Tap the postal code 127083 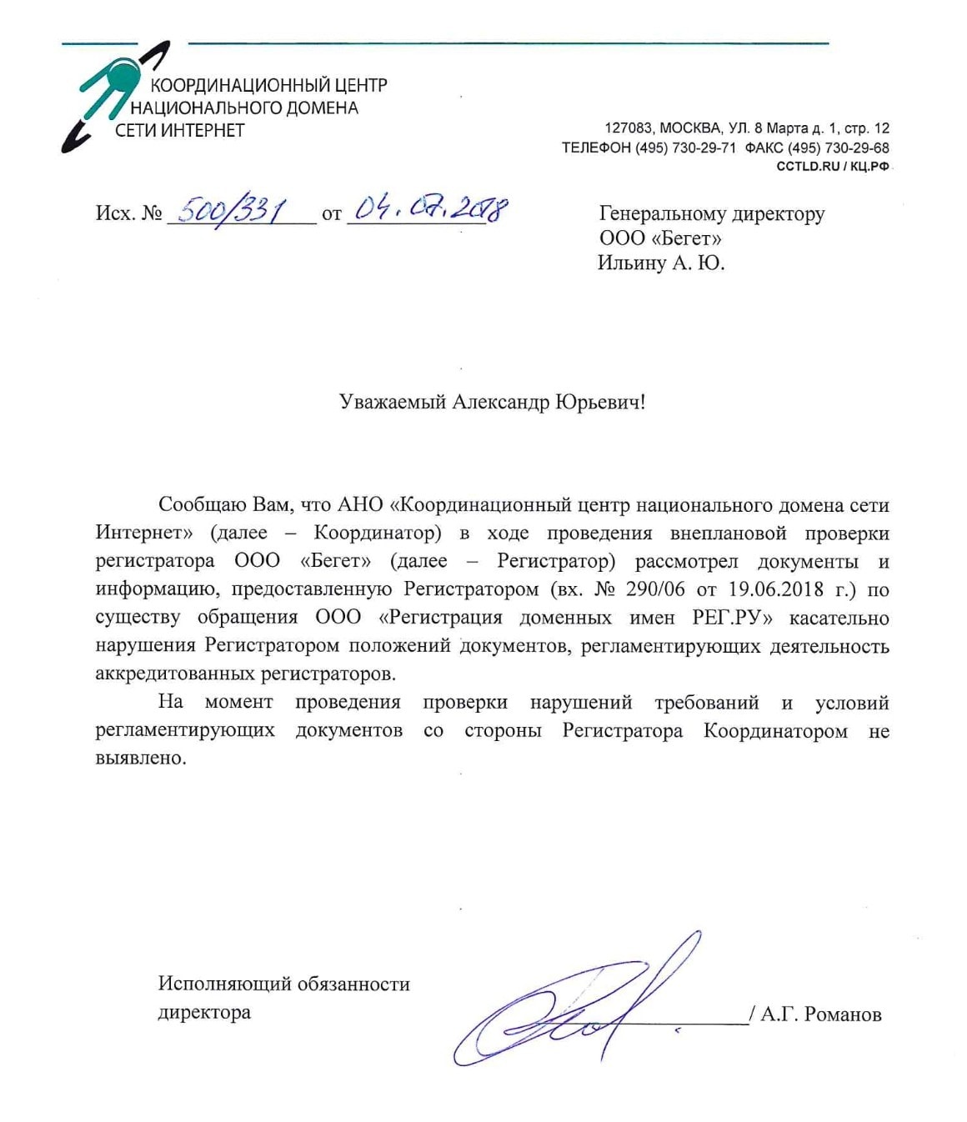(629, 128)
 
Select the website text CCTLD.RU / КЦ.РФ (833, 166)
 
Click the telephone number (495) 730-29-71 (685, 148)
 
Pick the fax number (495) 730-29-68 (838, 148)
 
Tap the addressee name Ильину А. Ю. (661, 263)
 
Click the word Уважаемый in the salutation (392, 403)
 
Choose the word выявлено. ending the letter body (141, 759)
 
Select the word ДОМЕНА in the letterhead (322, 108)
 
